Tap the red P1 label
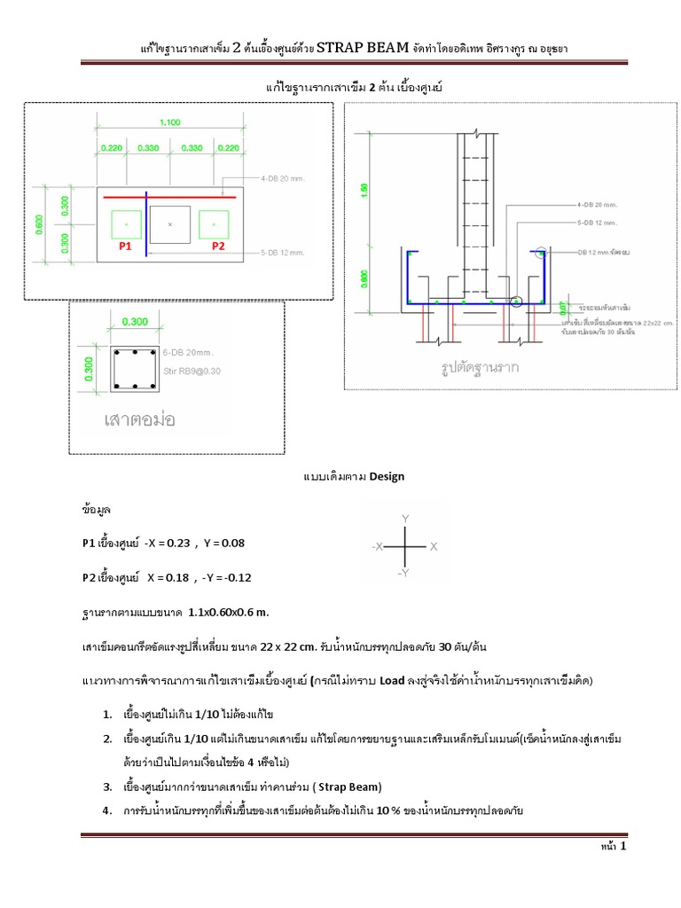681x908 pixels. pyautogui.click(x=126, y=247)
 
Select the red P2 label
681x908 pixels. pyautogui.click(x=217, y=247)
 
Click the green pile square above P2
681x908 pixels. pyautogui.click(x=215, y=223)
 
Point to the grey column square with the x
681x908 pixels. pyautogui.click(x=171, y=224)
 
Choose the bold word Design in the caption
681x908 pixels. pyautogui.click(x=386, y=476)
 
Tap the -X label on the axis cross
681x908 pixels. pyautogui.click(x=378, y=548)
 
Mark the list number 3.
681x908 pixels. pyautogui.click(x=106, y=787)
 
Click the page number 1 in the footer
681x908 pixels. pyautogui.click(x=623, y=848)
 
